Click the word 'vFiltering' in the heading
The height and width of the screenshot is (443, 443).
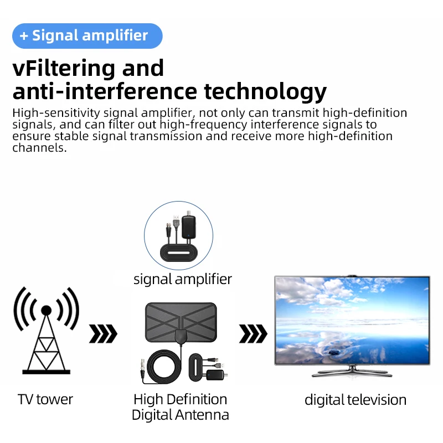60,69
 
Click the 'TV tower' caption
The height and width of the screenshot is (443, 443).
45,399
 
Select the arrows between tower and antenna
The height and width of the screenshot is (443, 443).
103,334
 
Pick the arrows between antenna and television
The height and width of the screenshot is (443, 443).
253,334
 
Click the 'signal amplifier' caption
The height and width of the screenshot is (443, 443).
183,279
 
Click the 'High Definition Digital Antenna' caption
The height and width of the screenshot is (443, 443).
181,406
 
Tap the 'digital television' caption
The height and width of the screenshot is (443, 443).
356,400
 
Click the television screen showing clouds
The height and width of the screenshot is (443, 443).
352,320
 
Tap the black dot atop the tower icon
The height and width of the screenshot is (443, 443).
47,310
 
